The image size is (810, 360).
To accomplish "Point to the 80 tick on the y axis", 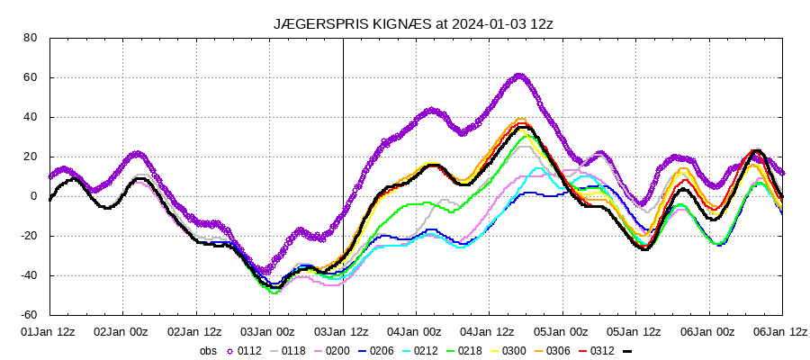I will (x=30, y=38).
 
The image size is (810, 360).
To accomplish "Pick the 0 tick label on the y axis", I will (x=33, y=196).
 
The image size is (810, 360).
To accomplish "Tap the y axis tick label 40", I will (x=30, y=117).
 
